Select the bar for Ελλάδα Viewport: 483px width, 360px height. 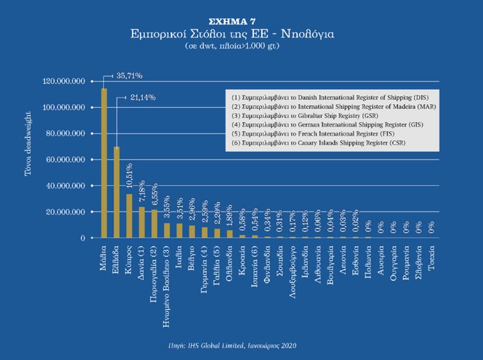116,192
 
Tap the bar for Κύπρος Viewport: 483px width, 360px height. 129,216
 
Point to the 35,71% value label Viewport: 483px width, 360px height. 129,76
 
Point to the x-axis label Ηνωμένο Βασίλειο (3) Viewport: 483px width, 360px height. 167,278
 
